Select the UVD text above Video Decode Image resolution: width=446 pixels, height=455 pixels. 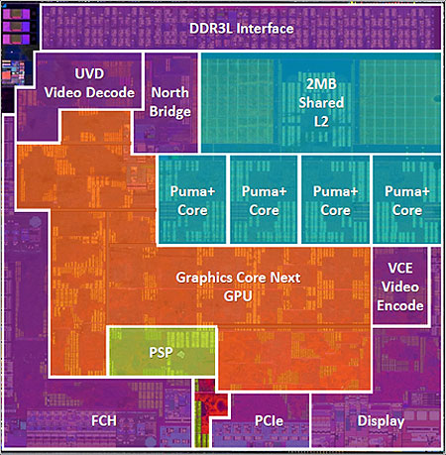click(x=89, y=73)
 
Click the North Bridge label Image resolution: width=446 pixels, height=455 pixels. click(x=170, y=102)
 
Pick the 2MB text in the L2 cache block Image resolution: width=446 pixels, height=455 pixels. click(x=321, y=84)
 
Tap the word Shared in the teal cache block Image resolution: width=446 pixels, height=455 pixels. click(x=321, y=103)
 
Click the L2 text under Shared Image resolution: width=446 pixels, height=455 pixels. click(x=321, y=122)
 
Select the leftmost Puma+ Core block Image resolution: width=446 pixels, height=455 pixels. click(x=192, y=199)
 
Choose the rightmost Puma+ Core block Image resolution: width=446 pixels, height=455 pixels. click(x=407, y=199)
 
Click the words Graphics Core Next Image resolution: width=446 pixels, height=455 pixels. click(x=238, y=278)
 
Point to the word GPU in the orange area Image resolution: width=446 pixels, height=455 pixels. click(x=238, y=296)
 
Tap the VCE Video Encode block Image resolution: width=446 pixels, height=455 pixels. click(x=400, y=286)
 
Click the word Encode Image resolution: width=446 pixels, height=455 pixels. click(x=400, y=305)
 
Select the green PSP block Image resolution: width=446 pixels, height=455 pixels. click(x=162, y=351)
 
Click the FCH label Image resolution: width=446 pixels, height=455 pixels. click(x=104, y=421)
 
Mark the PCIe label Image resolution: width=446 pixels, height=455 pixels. click(x=269, y=421)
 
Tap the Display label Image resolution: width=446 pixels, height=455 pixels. click(x=381, y=421)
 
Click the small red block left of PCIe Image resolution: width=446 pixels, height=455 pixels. click(x=211, y=405)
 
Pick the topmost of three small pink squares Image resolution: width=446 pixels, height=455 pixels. click(x=16, y=14)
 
